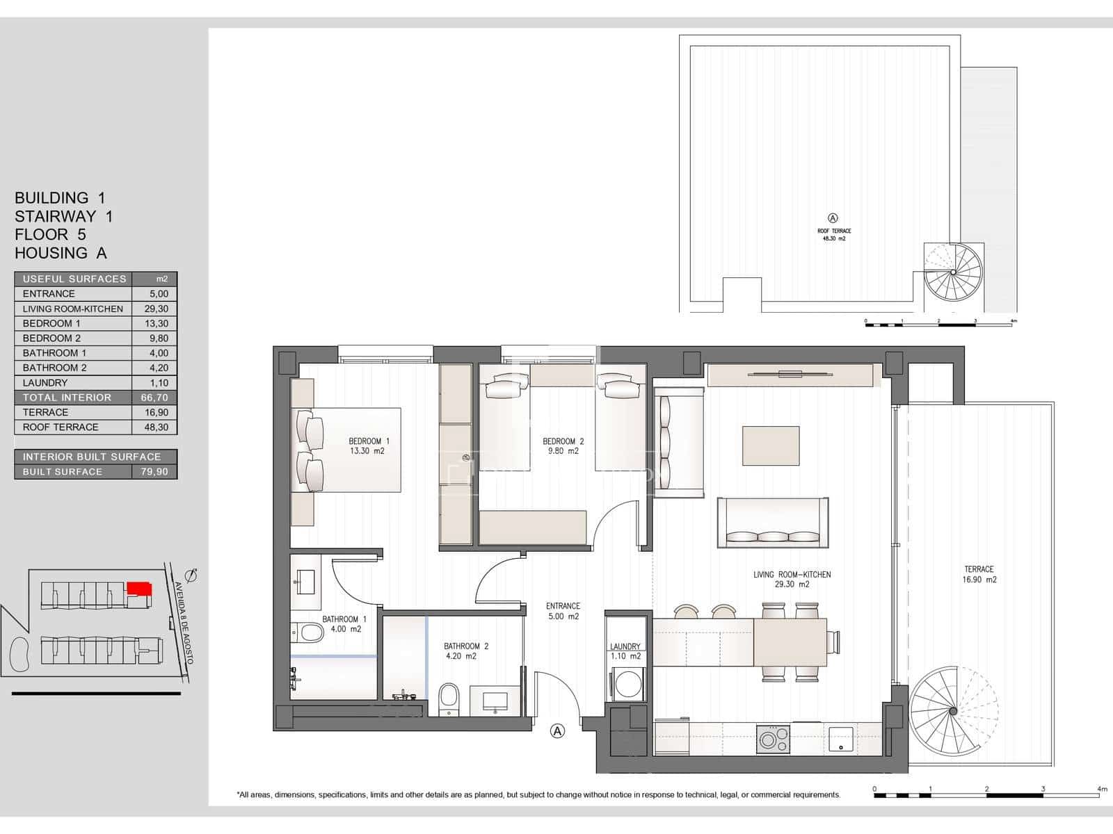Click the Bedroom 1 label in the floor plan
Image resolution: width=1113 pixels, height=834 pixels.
(x=369, y=441)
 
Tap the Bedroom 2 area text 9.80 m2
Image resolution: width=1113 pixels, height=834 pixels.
(x=563, y=451)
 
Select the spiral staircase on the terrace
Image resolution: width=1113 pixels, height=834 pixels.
(x=953, y=710)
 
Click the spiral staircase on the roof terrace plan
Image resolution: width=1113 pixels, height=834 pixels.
(x=953, y=272)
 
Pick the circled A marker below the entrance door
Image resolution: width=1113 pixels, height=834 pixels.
(x=557, y=730)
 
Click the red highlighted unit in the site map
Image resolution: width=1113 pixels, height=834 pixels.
(x=139, y=589)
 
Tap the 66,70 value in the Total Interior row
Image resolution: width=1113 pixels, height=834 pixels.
(x=154, y=398)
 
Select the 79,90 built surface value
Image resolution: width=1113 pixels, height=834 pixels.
(x=154, y=471)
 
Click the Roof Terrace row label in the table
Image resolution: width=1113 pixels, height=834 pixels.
(x=61, y=427)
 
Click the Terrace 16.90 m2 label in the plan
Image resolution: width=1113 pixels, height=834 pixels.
(x=979, y=574)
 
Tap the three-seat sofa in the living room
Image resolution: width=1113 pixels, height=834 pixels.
(x=772, y=523)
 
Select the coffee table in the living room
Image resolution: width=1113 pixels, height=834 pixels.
(x=771, y=445)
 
